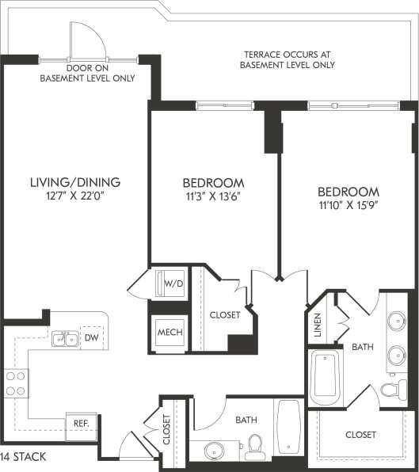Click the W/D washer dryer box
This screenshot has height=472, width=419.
[x=170, y=282]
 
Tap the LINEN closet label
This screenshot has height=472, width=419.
[x=318, y=325]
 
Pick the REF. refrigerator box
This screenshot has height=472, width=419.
[x=80, y=424]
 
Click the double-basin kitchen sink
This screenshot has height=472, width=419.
[x=64, y=339]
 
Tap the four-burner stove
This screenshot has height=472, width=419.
[x=15, y=383]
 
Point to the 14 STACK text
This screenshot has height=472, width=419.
[x=24, y=457]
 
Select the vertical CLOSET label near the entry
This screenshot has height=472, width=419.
[x=166, y=431]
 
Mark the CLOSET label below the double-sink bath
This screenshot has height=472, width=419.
[x=360, y=435]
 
